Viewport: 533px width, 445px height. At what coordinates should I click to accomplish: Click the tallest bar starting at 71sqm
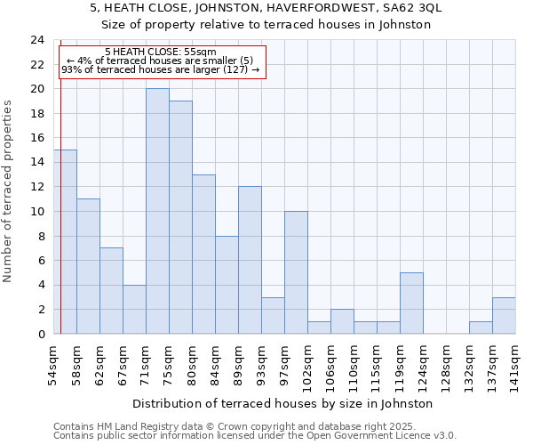[157, 211]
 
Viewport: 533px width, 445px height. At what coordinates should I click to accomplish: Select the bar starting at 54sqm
[65, 241]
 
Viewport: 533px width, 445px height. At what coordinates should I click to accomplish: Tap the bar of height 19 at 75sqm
[180, 217]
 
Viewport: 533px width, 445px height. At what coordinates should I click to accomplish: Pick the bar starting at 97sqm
[296, 272]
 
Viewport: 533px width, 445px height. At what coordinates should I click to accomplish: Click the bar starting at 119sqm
[411, 303]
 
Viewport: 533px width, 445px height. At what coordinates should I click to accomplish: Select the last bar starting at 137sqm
[504, 315]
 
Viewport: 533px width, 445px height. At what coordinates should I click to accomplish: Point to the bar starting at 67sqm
[134, 309]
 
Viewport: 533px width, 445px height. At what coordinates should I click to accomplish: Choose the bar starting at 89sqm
[250, 260]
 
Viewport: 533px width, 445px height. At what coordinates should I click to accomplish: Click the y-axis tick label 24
[37, 40]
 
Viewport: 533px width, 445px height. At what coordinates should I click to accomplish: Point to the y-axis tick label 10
[37, 212]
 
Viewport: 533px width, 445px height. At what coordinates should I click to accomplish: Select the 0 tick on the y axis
[41, 334]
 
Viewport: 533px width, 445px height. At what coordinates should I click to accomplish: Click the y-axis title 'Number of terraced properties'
[8, 191]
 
